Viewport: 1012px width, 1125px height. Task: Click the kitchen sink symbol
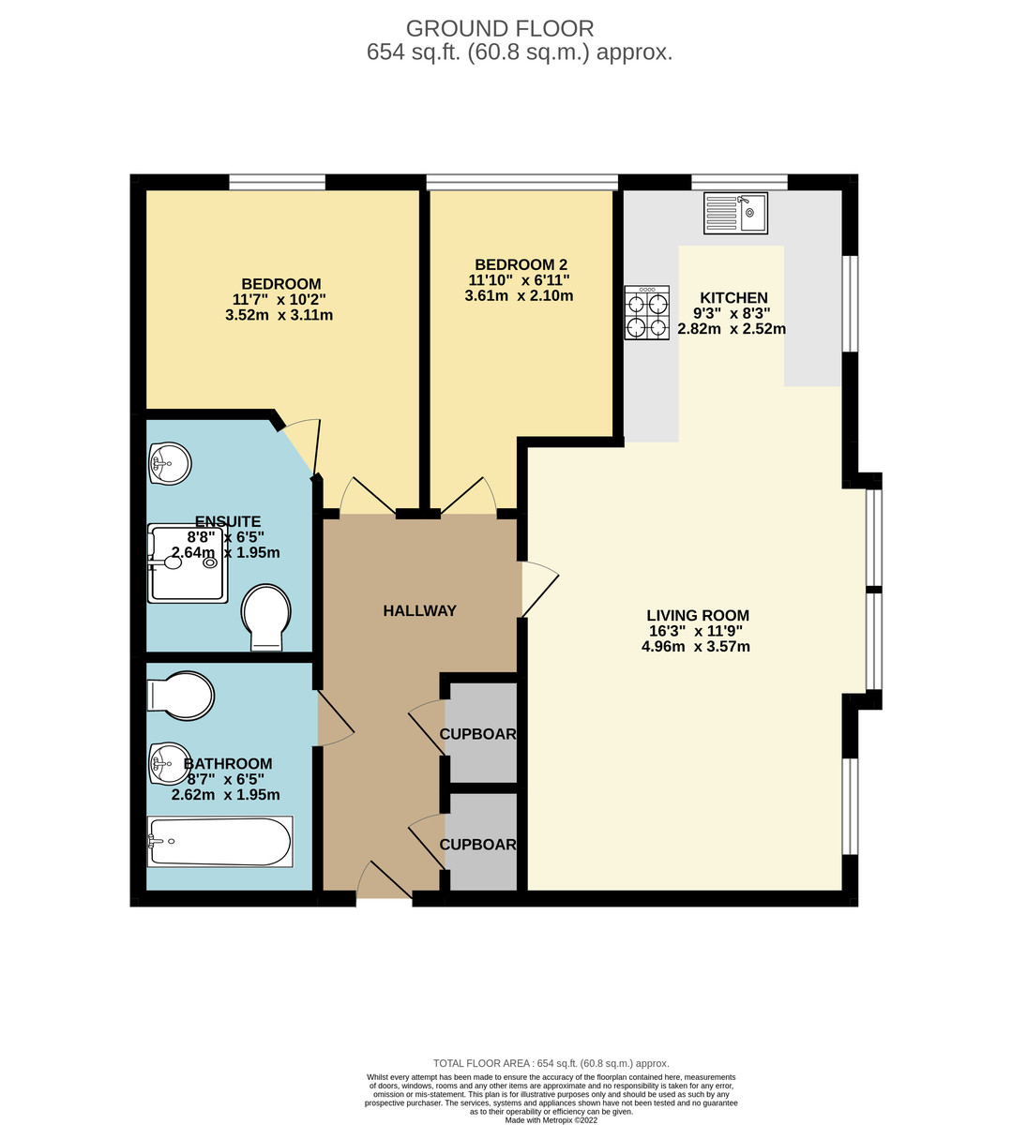[x=736, y=214]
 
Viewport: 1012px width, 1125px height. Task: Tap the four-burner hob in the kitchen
[x=647, y=312]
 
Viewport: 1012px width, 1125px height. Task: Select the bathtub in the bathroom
[x=220, y=841]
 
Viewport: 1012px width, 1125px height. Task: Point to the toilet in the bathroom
[x=182, y=696]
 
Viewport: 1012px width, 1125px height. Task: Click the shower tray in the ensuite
[x=188, y=562]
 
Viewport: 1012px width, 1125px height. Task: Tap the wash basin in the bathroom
[x=170, y=762]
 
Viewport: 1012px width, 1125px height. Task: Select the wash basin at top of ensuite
[x=170, y=462]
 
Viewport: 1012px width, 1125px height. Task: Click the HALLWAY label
[x=419, y=611]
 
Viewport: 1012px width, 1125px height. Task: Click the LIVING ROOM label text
[x=698, y=616]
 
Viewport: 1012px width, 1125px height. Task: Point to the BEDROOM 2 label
[x=521, y=265]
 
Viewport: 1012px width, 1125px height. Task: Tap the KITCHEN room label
[x=733, y=298]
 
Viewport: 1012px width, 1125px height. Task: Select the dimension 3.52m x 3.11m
[x=279, y=316]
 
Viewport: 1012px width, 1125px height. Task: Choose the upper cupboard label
[x=478, y=734]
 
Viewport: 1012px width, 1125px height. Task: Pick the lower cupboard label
[x=478, y=845]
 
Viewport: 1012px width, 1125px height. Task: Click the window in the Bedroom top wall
[x=277, y=182]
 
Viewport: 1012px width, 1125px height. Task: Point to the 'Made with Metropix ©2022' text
[x=551, y=1119]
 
